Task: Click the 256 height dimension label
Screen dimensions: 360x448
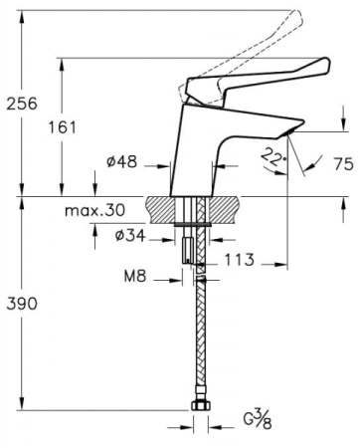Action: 22,104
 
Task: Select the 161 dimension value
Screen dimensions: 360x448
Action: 63,127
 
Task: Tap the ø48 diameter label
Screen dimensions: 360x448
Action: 121,162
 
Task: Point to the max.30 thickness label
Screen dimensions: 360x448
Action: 94,210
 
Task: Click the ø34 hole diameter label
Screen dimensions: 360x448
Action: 130,236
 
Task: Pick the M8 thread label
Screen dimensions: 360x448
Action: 135,276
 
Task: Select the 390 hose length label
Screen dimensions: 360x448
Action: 22,304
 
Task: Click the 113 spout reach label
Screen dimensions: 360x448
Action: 240,260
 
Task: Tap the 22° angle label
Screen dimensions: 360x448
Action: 272,158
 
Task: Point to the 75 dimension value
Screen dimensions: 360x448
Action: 343,164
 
